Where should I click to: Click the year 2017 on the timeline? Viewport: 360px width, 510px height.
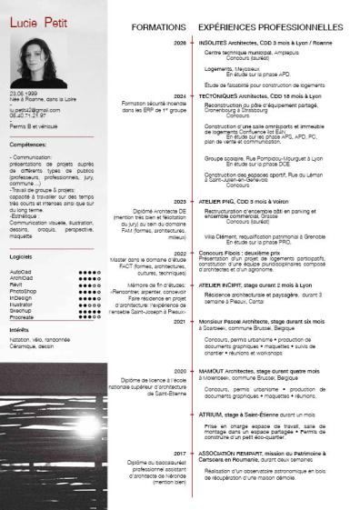click(179, 452)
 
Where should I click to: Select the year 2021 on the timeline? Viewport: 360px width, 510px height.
click(179, 322)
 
